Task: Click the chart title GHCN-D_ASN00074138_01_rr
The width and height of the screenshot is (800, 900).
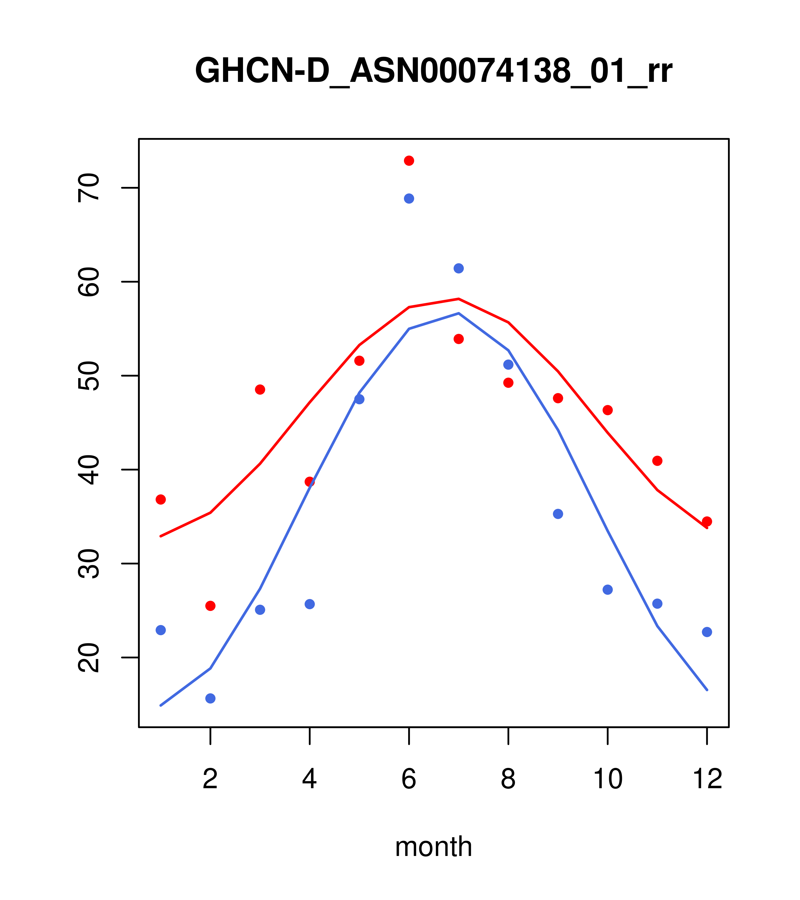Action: pyautogui.click(x=433, y=71)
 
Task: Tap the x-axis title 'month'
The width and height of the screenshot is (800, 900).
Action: pyautogui.click(x=433, y=846)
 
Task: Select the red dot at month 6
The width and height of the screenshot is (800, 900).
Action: pyautogui.click(x=409, y=161)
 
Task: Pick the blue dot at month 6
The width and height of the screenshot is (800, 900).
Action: pyautogui.click(x=409, y=198)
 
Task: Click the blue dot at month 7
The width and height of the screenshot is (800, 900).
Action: pyautogui.click(x=458, y=268)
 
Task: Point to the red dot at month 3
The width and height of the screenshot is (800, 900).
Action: pyautogui.click(x=260, y=390)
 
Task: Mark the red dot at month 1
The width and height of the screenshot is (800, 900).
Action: pyautogui.click(x=161, y=499)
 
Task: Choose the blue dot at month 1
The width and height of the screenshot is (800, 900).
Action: pyautogui.click(x=161, y=630)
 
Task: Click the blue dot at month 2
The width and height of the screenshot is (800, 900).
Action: pyautogui.click(x=211, y=698)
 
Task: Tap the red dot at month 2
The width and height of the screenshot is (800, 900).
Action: pyautogui.click(x=211, y=606)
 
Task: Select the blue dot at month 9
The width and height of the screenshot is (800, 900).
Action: pyautogui.click(x=558, y=514)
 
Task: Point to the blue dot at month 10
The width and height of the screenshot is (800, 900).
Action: pyautogui.click(x=607, y=589)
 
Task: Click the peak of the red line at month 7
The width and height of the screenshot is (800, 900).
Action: pyautogui.click(x=459, y=299)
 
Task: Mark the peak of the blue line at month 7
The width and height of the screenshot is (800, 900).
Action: pyautogui.click(x=459, y=313)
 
